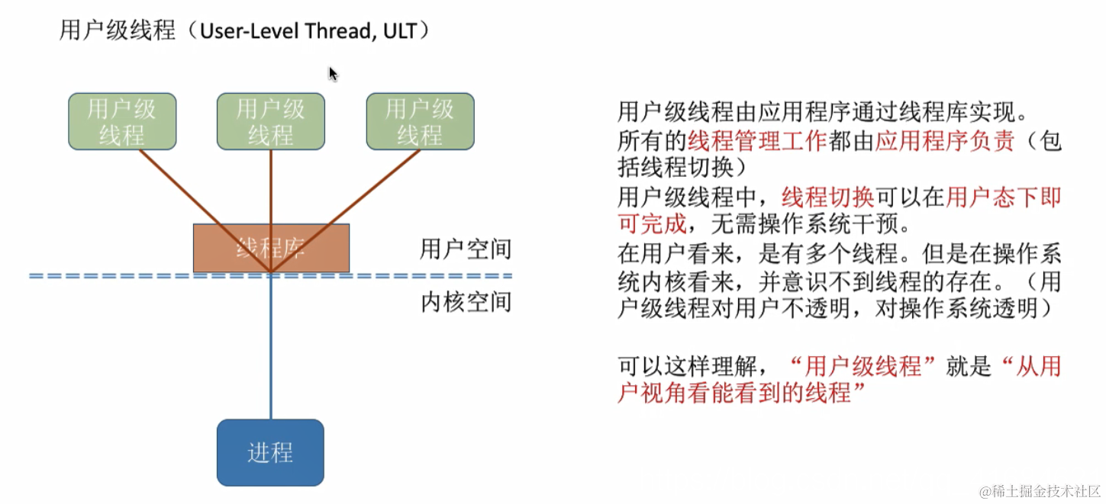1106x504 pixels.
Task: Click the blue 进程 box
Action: [x=270, y=452]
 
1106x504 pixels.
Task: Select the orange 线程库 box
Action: [x=271, y=248]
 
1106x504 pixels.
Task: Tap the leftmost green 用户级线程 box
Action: [x=122, y=121]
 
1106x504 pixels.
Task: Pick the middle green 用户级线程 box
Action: [x=271, y=121]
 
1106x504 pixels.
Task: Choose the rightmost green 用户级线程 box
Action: [x=420, y=121]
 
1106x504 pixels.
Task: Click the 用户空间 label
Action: [x=466, y=249]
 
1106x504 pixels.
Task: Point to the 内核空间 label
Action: [x=466, y=302]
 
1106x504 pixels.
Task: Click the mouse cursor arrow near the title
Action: [x=333, y=74]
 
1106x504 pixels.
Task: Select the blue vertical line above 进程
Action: [x=270, y=351]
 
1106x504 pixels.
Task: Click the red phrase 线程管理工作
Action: [x=756, y=141]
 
